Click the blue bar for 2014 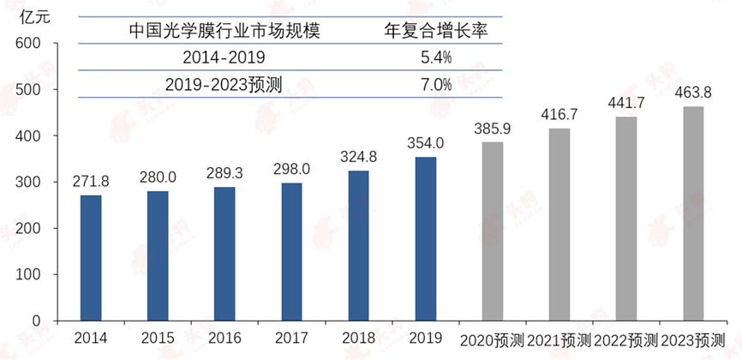click(91, 258)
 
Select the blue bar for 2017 click(291, 252)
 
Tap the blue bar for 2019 click(425, 238)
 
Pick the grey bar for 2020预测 click(492, 231)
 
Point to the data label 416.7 click(559, 114)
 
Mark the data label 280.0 click(158, 178)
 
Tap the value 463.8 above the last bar click(692, 93)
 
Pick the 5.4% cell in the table click(436, 57)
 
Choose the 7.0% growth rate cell click(436, 84)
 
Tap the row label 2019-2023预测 click(224, 84)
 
